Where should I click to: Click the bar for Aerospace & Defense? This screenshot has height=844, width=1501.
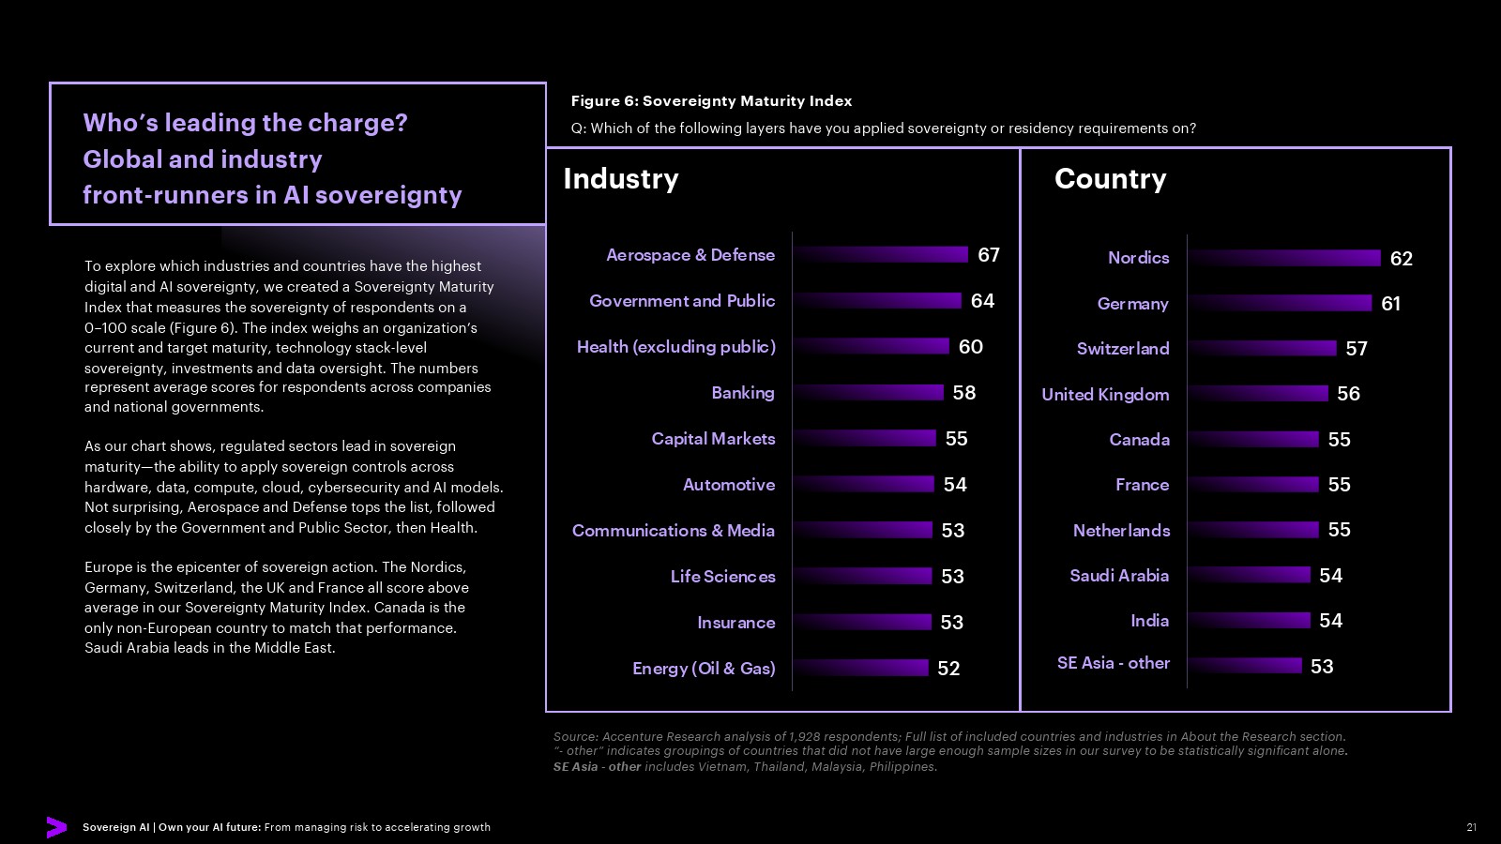click(881, 254)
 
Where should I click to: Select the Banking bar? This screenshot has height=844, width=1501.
click(868, 393)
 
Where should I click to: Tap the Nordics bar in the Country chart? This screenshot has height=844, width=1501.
click(1284, 258)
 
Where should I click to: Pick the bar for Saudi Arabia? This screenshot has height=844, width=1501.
click(1249, 575)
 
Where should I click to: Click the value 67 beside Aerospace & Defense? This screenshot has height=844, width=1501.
click(989, 255)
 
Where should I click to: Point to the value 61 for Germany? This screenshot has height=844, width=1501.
click(1391, 304)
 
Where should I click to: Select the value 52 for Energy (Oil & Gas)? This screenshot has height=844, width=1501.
click(948, 669)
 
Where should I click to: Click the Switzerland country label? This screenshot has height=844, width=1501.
click(1123, 348)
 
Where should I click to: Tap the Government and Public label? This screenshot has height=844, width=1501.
click(682, 301)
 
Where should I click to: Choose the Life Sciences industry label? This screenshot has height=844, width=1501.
click(723, 577)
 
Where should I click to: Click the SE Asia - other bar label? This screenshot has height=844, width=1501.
click(1114, 663)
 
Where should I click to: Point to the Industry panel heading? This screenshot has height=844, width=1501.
click(621, 179)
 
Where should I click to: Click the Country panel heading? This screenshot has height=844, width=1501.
click(1111, 179)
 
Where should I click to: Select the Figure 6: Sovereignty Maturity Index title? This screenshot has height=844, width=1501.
click(712, 101)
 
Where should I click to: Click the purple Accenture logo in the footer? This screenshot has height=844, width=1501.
click(57, 827)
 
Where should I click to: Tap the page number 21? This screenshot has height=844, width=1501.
click(1472, 827)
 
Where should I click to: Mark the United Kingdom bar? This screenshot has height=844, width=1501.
click(1258, 393)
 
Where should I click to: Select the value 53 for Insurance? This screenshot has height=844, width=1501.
click(951, 623)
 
